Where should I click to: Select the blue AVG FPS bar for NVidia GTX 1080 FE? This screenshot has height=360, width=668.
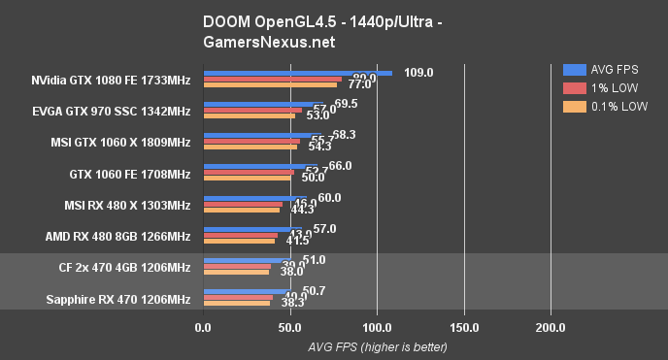[x=297, y=73]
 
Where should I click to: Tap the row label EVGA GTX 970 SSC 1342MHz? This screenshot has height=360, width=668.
[x=117, y=111]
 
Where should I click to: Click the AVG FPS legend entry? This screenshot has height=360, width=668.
[x=607, y=69]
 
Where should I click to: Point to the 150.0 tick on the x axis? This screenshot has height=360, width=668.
[x=464, y=328]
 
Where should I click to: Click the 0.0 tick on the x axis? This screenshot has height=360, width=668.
[x=203, y=328]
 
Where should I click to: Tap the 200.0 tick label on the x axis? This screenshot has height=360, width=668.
[x=551, y=328]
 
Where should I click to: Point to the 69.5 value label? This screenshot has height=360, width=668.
[x=346, y=104]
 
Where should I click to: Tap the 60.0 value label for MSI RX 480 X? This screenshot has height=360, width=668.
[x=329, y=198]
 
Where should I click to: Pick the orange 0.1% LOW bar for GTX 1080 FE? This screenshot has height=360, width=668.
[x=270, y=84]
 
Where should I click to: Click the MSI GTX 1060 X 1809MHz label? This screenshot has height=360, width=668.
[x=120, y=143]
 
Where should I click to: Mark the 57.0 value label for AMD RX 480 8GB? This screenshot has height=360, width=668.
[x=324, y=229]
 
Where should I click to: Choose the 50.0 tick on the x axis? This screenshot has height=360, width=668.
[x=289, y=328]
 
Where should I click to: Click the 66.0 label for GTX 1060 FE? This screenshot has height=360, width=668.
[x=340, y=167]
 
